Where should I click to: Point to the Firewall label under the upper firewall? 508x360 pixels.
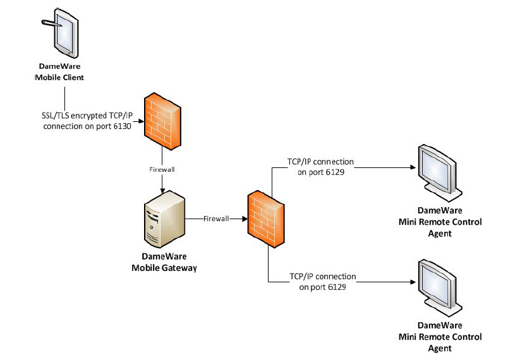(x=162, y=169)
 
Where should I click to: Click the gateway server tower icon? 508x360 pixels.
(x=164, y=220)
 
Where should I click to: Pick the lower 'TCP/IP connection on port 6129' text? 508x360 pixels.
(x=322, y=282)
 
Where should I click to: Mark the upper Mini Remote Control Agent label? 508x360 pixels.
(x=440, y=222)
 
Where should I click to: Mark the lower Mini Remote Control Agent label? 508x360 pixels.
(x=440, y=337)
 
